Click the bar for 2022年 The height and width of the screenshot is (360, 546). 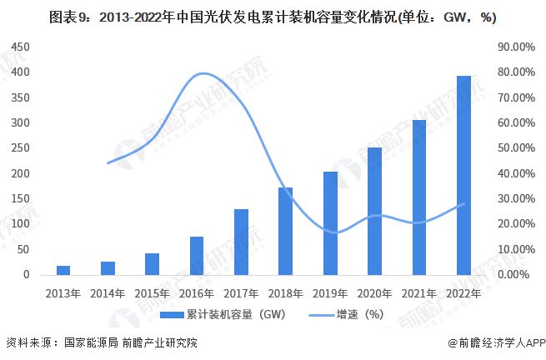click(x=463, y=175)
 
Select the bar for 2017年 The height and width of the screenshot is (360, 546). click(x=241, y=242)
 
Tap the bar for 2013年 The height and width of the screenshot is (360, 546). click(x=63, y=270)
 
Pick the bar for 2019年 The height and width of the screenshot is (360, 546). click(x=330, y=222)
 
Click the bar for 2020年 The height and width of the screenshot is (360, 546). click(x=374, y=211)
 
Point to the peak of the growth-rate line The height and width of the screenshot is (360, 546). click(x=203, y=74)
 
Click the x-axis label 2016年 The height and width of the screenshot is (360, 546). click(x=197, y=293)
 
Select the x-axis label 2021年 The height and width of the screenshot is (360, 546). click(x=419, y=293)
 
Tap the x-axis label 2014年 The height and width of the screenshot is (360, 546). click(x=108, y=293)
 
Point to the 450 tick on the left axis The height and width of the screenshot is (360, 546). click(x=21, y=47)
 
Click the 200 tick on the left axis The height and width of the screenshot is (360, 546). click(x=21, y=173)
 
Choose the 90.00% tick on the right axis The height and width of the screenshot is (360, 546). click(x=511, y=47)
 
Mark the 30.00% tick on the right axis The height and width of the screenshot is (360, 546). click(x=511, y=198)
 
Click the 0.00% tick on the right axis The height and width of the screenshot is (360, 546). click(x=513, y=274)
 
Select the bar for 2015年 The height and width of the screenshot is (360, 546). click(x=152, y=263)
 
